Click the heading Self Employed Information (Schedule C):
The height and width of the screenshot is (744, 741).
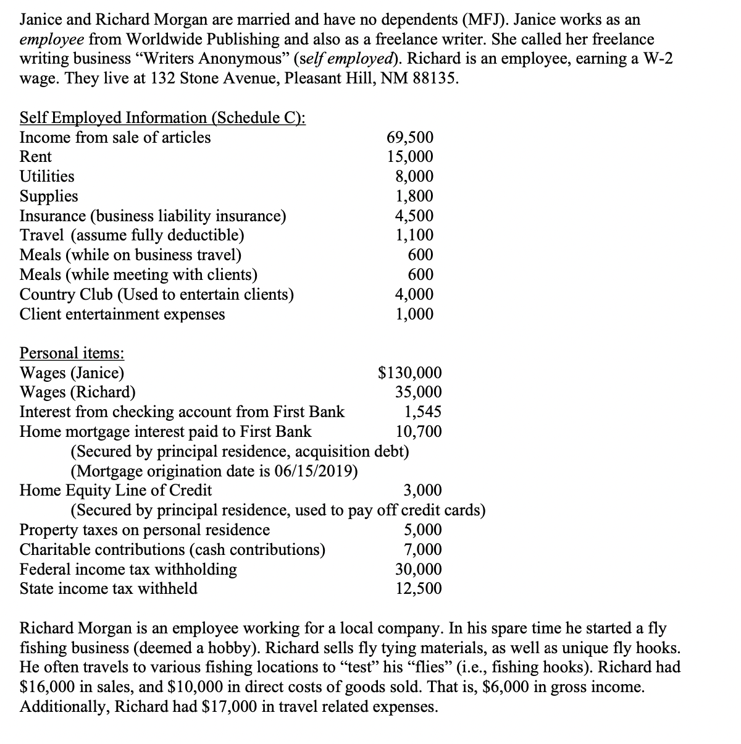[163, 117]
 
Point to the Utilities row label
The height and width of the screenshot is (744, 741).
[47, 177]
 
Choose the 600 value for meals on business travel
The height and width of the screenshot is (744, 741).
[421, 255]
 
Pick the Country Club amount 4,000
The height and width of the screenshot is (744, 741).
[414, 295]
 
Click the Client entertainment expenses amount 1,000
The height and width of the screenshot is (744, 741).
[414, 315]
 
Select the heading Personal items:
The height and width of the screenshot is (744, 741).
[72, 353]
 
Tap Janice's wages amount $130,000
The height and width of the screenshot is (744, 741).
[410, 373]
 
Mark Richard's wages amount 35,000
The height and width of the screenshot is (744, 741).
[418, 392]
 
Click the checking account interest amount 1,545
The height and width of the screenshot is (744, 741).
[422, 412]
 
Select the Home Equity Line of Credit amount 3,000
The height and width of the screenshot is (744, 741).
[422, 491]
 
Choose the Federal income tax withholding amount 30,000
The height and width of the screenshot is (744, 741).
[418, 569]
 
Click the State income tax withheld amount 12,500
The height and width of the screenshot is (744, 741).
[418, 589]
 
